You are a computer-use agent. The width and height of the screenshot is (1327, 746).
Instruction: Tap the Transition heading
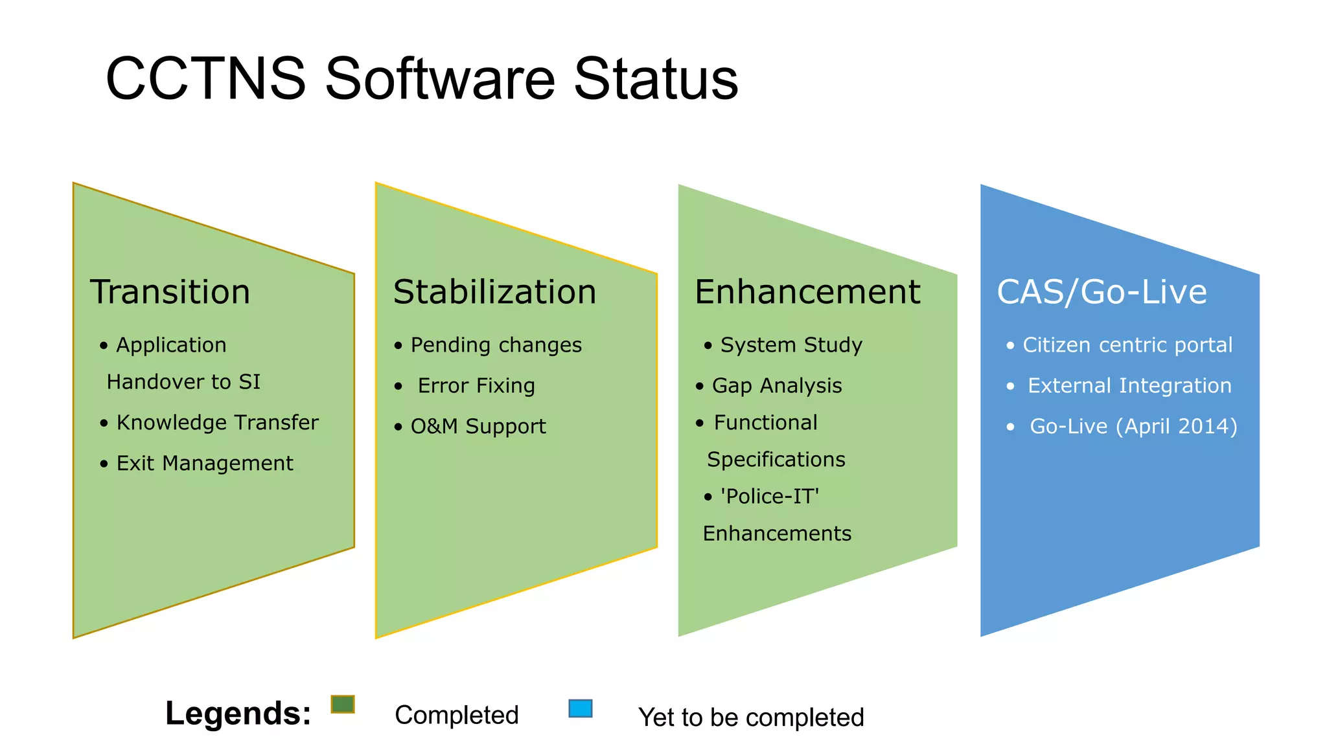(x=170, y=292)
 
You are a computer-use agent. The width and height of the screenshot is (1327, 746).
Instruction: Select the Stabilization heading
(x=494, y=292)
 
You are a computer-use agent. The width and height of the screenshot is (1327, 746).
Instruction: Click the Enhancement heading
(x=807, y=292)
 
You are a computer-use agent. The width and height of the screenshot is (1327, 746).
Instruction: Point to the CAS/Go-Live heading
(x=1102, y=292)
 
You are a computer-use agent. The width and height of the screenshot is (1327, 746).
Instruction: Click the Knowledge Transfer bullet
(x=217, y=423)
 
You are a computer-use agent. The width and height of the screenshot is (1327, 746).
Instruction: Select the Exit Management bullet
(x=204, y=464)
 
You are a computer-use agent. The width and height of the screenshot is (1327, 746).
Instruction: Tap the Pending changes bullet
(x=496, y=345)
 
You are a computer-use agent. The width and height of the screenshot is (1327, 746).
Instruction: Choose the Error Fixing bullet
(x=476, y=386)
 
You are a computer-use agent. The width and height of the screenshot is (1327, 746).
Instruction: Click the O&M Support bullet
(x=478, y=427)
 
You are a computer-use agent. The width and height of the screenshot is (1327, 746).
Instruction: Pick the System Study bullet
(x=791, y=345)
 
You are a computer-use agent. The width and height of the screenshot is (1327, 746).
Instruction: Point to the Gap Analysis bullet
(x=776, y=386)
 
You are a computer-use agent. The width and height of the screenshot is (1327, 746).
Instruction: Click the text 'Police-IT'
(x=770, y=497)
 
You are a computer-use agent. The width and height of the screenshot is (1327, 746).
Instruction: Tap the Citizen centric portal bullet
(x=1127, y=345)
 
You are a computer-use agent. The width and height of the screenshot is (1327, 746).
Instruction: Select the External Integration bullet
(x=1129, y=386)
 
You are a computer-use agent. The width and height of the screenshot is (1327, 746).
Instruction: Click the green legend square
(x=343, y=704)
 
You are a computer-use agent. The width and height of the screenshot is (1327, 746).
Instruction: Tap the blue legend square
(x=581, y=708)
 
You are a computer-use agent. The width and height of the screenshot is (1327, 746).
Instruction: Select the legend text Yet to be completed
(x=751, y=718)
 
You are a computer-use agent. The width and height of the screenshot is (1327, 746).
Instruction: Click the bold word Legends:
(x=238, y=714)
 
